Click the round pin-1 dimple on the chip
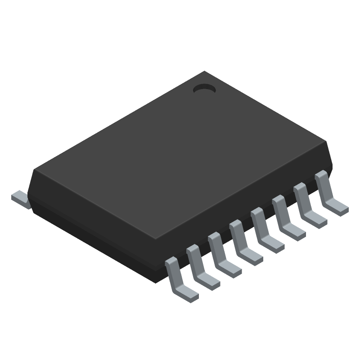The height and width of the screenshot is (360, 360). pos(204,89)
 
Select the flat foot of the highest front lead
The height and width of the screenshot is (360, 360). pos(338,207)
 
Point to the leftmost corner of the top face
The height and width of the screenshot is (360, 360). pos(34,170)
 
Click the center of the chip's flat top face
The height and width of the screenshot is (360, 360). pos(180,155)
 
